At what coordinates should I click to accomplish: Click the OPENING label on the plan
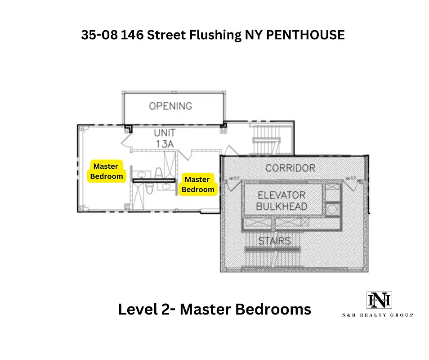click(170, 106)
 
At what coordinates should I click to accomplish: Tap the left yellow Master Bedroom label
click(106, 171)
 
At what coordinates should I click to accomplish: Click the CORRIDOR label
click(290, 168)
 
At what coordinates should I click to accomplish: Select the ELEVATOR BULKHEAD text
click(282, 201)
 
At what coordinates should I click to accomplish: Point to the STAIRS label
click(274, 241)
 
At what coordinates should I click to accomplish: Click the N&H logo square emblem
click(379, 300)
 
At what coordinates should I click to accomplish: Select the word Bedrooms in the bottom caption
click(276, 309)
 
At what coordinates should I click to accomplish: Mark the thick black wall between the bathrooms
click(153, 180)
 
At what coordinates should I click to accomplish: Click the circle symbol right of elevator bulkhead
click(333, 208)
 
